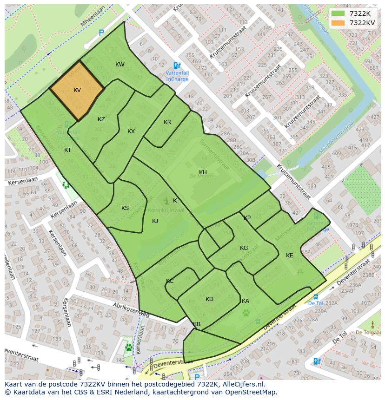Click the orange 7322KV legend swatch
click(338, 23)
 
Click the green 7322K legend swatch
click(338, 13)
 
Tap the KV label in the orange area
click(77, 90)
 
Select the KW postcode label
click(120, 65)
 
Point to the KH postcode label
click(203, 172)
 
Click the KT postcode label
click(68, 150)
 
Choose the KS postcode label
click(125, 208)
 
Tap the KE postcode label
click(290, 256)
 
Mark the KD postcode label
click(209, 299)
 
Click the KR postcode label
click(167, 122)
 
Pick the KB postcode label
click(197, 324)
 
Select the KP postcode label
click(247, 218)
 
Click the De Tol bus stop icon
click(316, 296)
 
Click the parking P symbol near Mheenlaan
click(101, 33)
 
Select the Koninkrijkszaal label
click(166, 210)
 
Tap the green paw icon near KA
click(246, 313)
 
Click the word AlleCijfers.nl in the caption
click(242, 384)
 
